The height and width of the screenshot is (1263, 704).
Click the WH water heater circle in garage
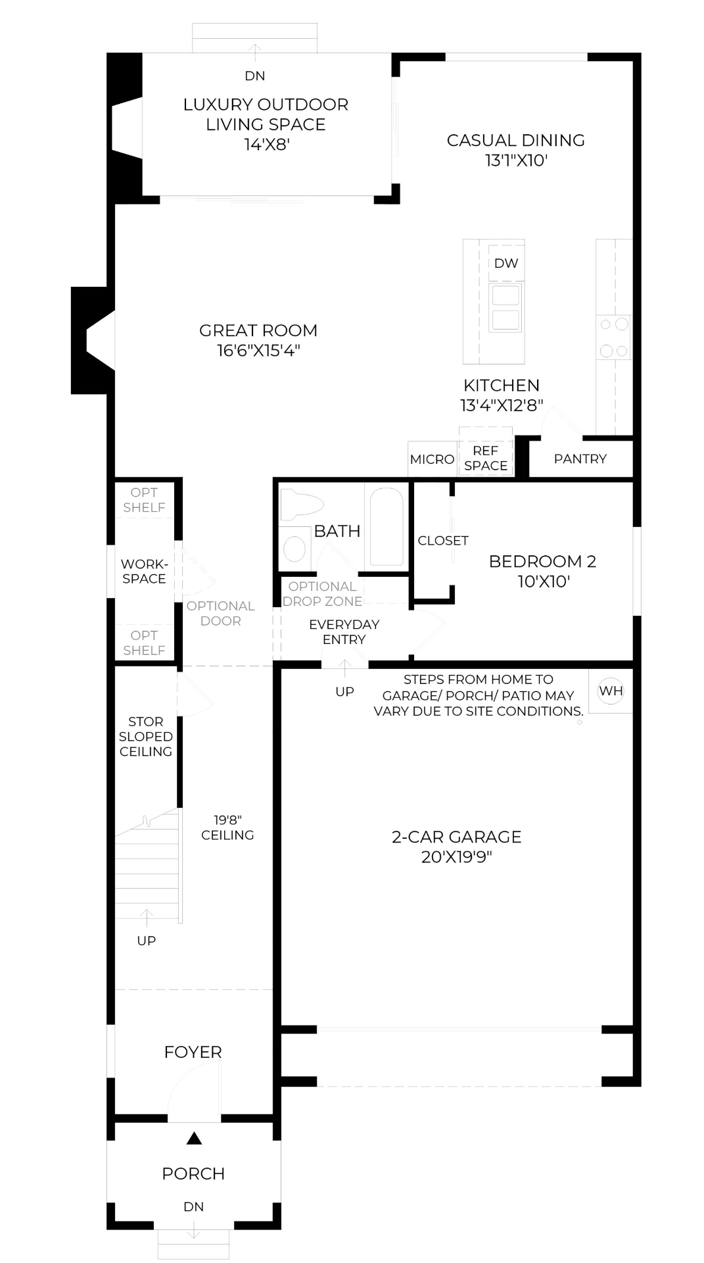[x=611, y=691]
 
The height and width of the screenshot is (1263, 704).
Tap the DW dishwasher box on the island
[x=506, y=263]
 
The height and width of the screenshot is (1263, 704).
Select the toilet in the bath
[x=300, y=505]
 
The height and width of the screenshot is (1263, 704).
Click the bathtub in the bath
[x=386, y=526]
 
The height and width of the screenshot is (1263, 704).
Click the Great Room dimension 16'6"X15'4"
[x=258, y=350]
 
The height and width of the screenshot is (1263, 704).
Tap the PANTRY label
[x=580, y=459]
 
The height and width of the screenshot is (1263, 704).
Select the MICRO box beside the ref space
[x=432, y=459]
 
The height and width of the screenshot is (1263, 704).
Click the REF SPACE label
[x=486, y=458]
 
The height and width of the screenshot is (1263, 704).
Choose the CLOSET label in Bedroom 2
[x=443, y=541]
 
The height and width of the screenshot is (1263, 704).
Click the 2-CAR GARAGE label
[x=456, y=837]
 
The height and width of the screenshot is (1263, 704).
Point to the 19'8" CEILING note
[x=227, y=828]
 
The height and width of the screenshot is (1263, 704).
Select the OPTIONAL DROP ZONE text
[x=322, y=593]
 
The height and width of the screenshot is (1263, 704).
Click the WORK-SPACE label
[x=144, y=571]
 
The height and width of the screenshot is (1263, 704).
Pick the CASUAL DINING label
[x=515, y=140]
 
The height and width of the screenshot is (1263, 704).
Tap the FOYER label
[x=193, y=1052]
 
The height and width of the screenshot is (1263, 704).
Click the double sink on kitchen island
[x=505, y=308]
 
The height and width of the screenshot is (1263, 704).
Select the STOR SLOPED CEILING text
[x=146, y=736]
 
